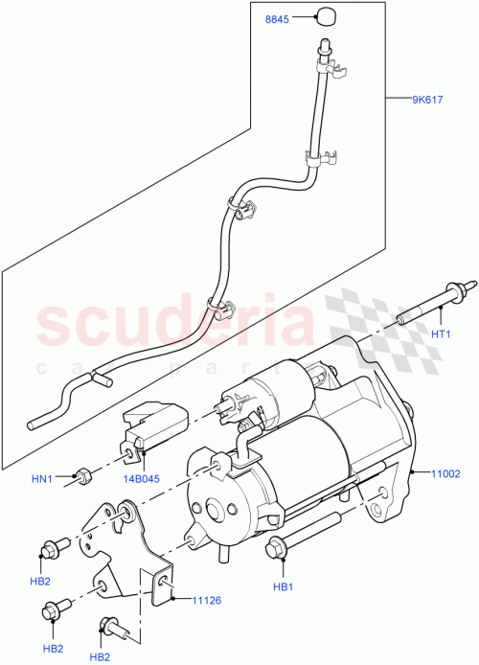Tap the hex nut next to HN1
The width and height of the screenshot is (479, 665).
[x=83, y=474]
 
